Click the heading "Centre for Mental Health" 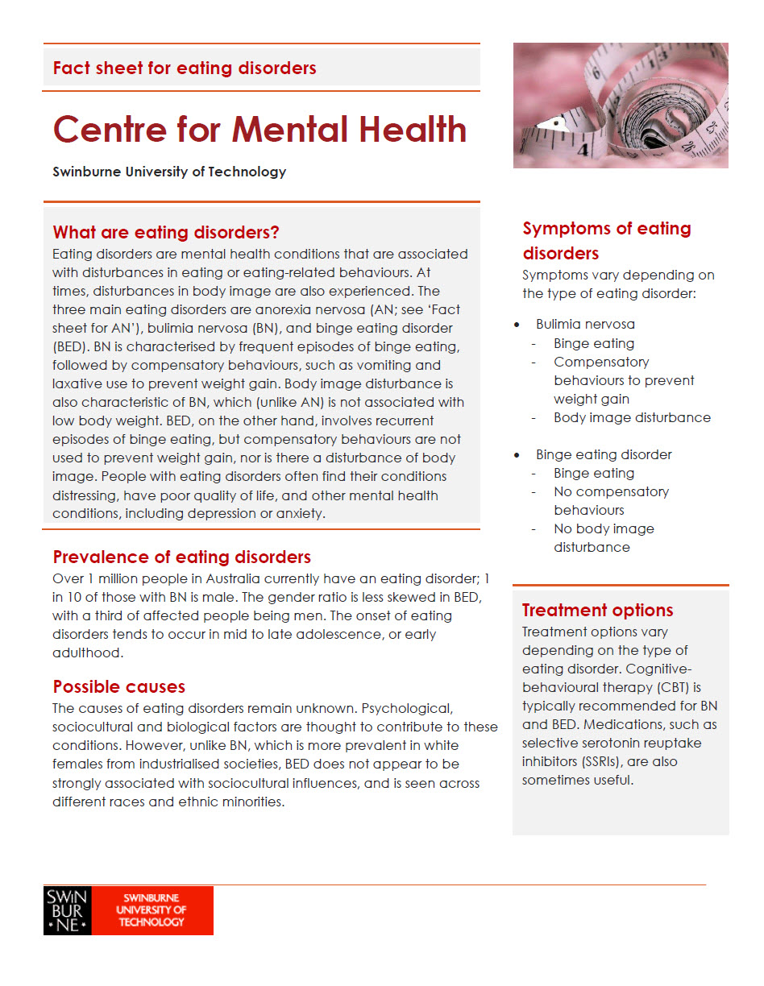(260, 130)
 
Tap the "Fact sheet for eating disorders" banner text (185, 68)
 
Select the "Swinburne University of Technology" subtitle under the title (169, 172)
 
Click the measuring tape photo (621, 106)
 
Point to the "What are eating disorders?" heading (166, 233)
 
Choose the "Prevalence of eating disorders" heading (181, 557)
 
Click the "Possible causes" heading (119, 686)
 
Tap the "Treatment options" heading (597, 610)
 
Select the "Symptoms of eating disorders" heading (606, 240)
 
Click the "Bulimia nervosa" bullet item (585, 324)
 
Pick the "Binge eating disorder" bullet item (604, 454)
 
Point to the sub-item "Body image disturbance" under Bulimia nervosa (632, 417)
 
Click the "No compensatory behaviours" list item (610, 500)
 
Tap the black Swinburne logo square (67, 910)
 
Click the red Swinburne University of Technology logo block (152, 910)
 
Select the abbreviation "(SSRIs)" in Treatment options (615, 761)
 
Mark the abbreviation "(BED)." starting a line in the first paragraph (71, 347)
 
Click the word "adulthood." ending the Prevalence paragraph (88, 652)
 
